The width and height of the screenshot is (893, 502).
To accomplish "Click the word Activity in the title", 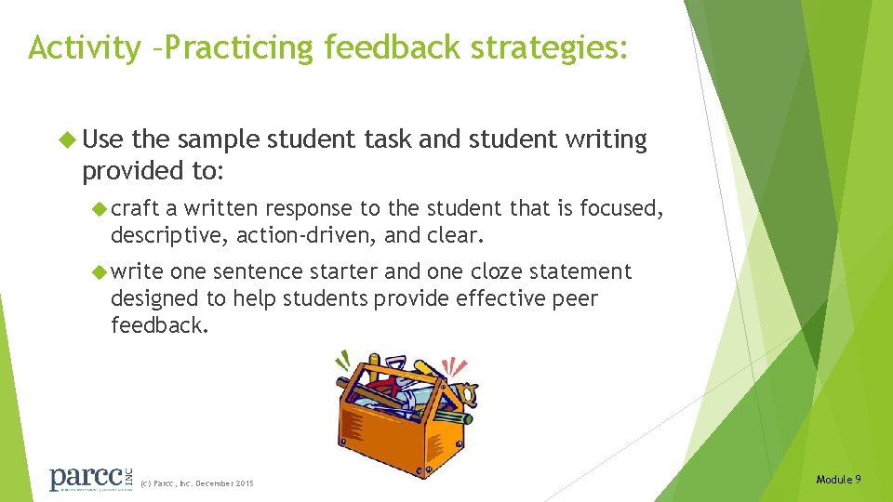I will pyautogui.click(x=83, y=47).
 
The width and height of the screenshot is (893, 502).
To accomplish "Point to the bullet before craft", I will pyautogui.click(x=100, y=209).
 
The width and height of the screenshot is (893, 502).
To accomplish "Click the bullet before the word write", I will pyautogui.click(x=100, y=272).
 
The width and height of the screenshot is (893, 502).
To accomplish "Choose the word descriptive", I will pyautogui.click(x=169, y=236).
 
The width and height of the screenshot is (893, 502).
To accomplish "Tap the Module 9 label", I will pyautogui.click(x=838, y=479).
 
